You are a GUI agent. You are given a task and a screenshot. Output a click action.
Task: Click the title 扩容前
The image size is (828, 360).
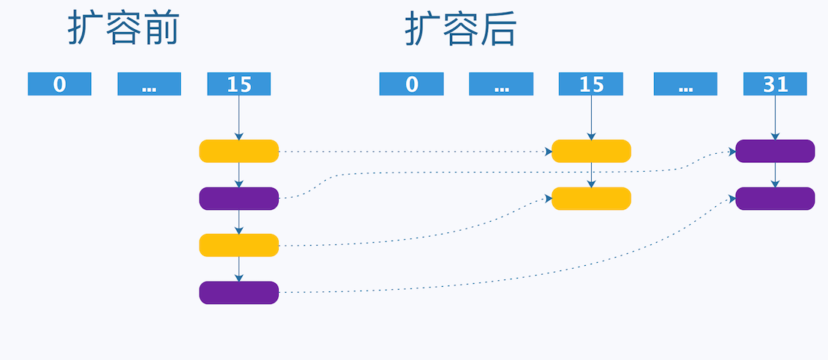123,30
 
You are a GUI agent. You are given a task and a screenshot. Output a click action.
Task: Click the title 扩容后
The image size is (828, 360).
461,30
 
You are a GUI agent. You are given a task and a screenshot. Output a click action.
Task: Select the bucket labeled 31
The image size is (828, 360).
775,84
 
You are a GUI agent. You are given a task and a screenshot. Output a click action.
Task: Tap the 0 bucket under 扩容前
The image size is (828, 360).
60,84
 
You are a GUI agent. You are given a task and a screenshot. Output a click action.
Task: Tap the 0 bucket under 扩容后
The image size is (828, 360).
411,84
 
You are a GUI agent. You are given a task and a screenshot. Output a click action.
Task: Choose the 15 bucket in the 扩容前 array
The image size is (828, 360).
239,84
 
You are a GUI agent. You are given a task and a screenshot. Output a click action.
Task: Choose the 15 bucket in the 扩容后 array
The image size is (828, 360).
590,84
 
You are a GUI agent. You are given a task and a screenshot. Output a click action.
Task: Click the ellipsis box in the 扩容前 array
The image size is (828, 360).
149,84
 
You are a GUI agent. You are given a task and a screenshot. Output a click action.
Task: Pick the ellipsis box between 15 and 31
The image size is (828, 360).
685,84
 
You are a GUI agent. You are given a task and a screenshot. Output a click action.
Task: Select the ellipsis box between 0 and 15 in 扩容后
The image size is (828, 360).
501,84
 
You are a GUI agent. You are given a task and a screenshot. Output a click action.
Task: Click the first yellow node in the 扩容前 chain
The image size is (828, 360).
239,151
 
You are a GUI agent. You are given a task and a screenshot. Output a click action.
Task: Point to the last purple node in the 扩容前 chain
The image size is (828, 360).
239,293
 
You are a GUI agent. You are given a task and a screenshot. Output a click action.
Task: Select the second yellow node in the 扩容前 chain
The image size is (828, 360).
239,245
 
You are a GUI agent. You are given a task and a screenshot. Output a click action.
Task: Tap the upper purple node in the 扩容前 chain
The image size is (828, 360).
239,199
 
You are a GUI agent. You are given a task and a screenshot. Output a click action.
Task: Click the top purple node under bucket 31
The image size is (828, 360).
775,151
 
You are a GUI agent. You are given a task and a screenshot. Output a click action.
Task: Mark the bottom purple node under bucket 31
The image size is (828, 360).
775,199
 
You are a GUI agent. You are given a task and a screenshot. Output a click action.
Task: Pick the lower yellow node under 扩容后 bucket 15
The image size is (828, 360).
591,199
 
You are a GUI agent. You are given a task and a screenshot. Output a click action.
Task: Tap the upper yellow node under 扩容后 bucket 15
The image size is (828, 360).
591,151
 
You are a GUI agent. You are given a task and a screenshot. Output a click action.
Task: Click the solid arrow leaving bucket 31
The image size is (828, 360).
775,117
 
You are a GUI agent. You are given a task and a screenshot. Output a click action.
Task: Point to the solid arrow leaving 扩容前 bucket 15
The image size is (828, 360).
239,117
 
